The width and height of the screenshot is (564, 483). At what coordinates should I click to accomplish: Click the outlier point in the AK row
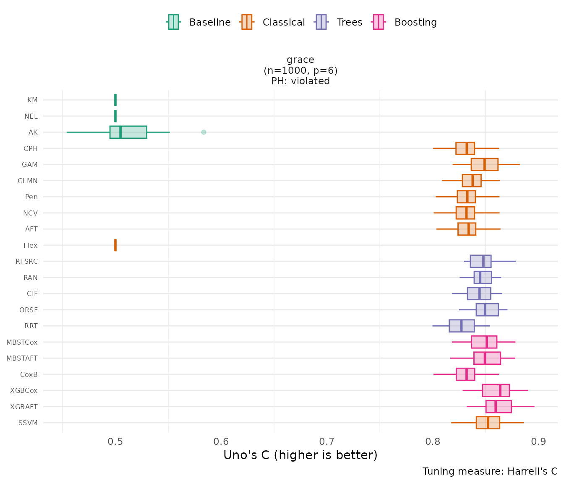coord(204,132)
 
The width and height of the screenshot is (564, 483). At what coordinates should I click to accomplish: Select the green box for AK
coord(128,132)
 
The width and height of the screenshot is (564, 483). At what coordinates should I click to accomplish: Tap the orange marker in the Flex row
coord(115,245)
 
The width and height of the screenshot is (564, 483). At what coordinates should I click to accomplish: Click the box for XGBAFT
coord(499,407)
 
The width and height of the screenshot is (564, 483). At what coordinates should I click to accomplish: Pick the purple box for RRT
coord(462,326)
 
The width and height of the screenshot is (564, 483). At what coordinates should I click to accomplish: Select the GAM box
coord(484,164)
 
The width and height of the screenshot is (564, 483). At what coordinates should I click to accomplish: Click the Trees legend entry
coord(339,22)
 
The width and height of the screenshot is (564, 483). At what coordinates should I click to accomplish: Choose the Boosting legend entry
coord(405,22)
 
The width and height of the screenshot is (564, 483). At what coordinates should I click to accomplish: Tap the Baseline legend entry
coord(199,22)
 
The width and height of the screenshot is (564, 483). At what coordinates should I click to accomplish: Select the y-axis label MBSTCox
coord(22,342)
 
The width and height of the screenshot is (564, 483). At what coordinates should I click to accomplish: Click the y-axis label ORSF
coord(29,310)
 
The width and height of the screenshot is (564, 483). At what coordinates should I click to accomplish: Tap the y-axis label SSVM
coord(28,423)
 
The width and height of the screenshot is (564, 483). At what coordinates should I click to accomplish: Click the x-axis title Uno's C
coord(300,455)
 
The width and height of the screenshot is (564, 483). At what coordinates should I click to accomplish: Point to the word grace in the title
coord(300,60)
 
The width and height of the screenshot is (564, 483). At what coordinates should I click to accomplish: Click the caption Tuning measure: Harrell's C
coord(490,471)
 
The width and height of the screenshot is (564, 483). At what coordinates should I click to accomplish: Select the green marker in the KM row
coord(115,100)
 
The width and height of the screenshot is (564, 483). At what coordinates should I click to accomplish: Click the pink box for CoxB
coord(465,374)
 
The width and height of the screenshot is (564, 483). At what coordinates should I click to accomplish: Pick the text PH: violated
coord(300,81)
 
